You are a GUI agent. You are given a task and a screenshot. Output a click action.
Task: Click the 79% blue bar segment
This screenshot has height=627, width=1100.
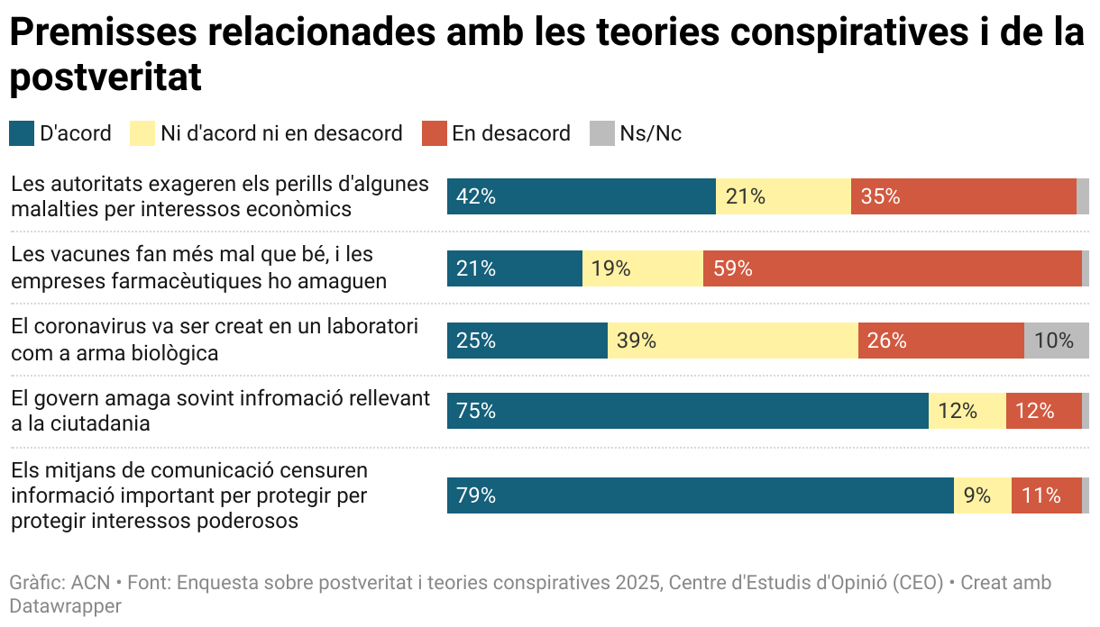click(x=700, y=495)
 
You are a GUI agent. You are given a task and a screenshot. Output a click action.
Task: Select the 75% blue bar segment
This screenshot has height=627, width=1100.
click(x=687, y=411)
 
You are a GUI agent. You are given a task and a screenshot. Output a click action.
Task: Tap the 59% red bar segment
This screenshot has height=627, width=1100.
click(x=892, y=268)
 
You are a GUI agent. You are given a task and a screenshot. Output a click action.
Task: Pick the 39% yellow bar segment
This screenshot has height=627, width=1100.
click(x=732, y=341)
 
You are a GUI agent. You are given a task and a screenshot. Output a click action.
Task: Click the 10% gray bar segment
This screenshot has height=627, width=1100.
click(x=1056, y=341)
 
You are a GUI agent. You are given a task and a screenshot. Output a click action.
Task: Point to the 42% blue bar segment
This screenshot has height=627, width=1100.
click(x=581, y=196)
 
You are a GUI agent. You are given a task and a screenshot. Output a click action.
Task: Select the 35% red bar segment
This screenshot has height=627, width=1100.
click(x=963, y=196)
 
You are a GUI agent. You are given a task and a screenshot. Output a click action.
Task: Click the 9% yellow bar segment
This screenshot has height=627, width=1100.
click(x=982, y=495)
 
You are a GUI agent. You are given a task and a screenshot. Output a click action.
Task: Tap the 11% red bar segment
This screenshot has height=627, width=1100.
click(x=1046, y=495)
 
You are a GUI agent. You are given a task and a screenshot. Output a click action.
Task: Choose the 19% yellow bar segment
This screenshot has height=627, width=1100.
click(x=642, y=268)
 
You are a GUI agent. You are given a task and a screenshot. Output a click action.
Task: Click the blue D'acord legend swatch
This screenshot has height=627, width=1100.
click(x=21, y=133)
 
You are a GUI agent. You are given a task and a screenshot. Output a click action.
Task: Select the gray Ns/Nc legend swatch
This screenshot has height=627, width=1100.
click(x=601, y=133)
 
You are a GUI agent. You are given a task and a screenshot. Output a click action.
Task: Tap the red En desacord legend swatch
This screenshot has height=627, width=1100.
click(x=434, y=133)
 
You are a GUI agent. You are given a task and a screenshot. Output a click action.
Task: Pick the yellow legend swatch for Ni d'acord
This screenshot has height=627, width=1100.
click(x=142, y=133)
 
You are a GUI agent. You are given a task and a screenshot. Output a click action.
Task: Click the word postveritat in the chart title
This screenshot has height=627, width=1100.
click(x=105, y=78)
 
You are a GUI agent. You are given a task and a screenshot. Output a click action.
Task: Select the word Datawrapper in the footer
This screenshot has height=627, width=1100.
click(x=65, y=606)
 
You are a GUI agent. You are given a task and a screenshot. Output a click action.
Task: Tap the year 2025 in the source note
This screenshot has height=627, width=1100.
click(x=640, y=583)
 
